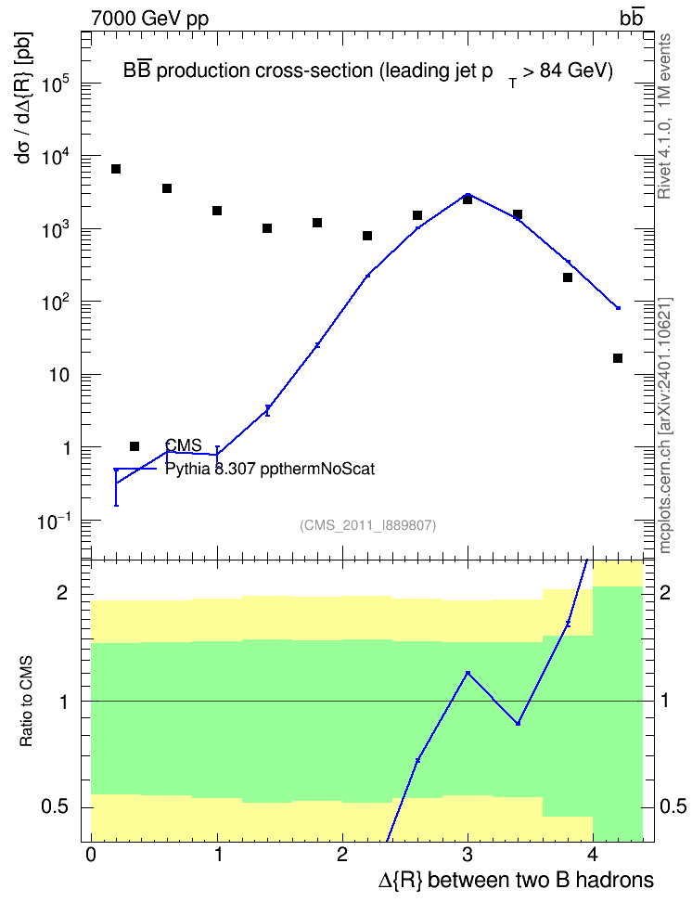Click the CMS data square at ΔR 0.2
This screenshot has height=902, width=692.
click(x=116, y=169)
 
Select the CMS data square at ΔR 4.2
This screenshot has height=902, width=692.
click(x=618, y=358)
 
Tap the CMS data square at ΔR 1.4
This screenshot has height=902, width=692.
click(x=267, y=228)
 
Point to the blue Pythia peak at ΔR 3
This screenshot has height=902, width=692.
click(x=468, y=195)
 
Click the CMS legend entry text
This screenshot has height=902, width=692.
click(x=184, y=445)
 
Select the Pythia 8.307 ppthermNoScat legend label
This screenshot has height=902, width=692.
click(x=270, y=469)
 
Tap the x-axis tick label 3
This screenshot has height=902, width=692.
click(x=468, y=855)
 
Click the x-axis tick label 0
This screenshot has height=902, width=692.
click(x=91, y=855)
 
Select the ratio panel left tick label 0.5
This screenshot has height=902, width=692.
click(x=55, y=807)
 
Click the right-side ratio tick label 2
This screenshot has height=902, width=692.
click(x=665, y=592)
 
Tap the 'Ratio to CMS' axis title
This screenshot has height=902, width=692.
click(x=26, y=702)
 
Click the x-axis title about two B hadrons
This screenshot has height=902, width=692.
click(x=516, y=881)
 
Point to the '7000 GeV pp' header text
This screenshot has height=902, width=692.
click(x=149, y=19)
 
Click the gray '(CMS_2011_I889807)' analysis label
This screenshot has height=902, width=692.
click(x=368, y=525)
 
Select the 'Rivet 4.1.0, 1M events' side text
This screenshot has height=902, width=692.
click(x=664, y=116)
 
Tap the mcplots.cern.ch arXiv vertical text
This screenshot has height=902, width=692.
click(x=665, y=425)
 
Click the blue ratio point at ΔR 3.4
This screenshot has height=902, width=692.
click(x=518, y=724)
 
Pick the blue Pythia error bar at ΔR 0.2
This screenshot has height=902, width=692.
click(x=116, y=487)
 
